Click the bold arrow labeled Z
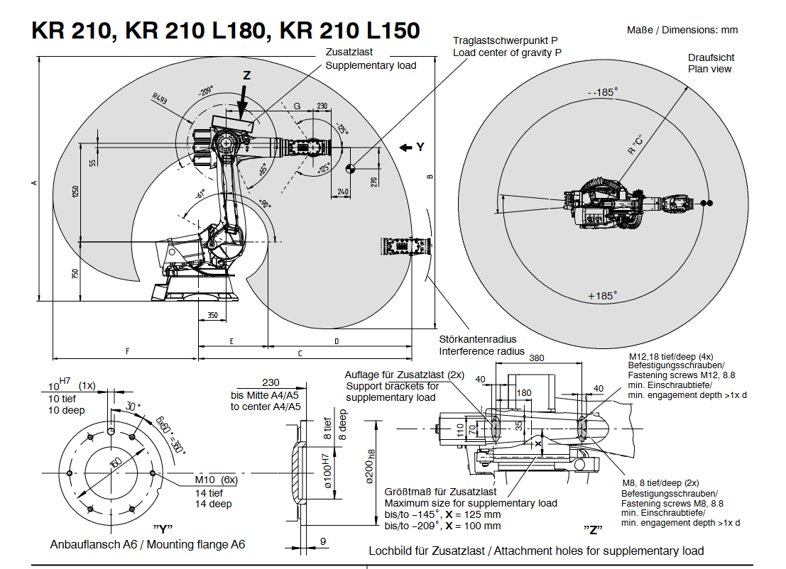click(242, 102)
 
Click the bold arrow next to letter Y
click(405, 148)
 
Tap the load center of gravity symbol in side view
click(350, 168)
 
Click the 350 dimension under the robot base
click(212, 314)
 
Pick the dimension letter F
click(126, 351)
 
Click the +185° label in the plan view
click(602, 295)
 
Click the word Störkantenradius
click(477, 339)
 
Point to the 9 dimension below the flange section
click(323, 542)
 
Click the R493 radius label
click(159, 99)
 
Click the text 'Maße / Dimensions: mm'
click(682, 30)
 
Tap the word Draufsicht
click(711, 57)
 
